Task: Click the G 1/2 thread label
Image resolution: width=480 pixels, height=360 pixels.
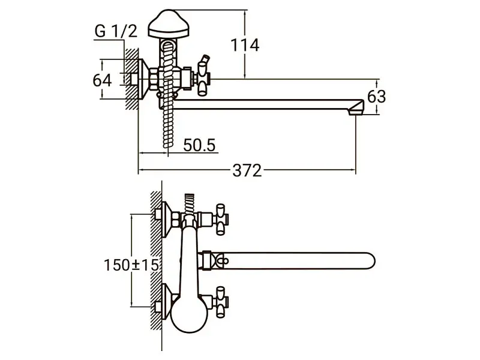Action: pos(116,31)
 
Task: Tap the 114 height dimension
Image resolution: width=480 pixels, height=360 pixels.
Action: pos(245,46)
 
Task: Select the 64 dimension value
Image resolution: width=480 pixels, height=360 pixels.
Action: pos(102,80)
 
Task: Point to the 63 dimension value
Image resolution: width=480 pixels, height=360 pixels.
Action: pos(376,97)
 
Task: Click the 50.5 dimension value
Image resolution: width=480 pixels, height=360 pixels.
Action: pos(199,145)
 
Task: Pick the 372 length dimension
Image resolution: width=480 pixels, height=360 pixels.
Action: pos(247,170)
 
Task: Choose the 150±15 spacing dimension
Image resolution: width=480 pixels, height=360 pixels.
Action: pos(131,265)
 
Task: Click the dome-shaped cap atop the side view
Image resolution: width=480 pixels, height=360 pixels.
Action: pos(169,24)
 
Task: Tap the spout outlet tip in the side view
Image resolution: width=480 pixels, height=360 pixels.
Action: pos(356,108)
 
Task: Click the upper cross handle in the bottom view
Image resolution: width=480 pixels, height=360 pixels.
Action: pos(221,219)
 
